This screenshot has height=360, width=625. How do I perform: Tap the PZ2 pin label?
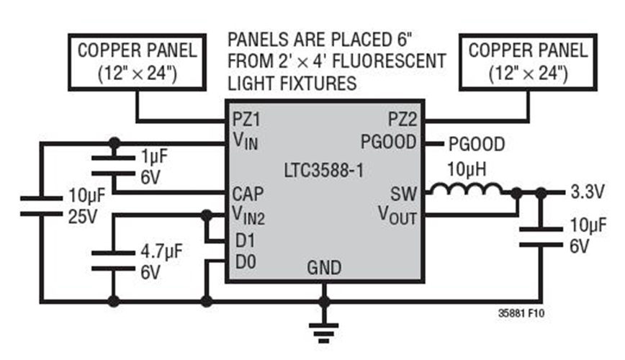pos(401,117)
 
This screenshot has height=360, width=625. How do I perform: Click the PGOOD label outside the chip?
pos(476,144)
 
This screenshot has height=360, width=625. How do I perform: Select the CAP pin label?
pos(247,194)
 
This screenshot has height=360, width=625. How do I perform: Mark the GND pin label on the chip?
pos(324,269)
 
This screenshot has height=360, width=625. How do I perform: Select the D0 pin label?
pos(245,263)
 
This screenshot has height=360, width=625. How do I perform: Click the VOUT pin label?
pos(397,215)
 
